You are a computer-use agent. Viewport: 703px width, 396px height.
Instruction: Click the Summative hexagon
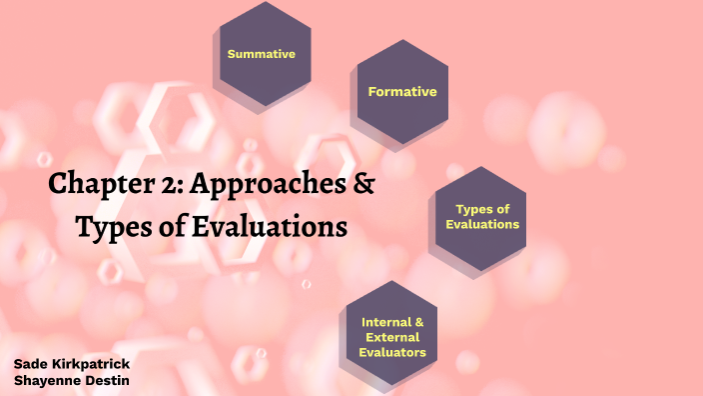click(262, 54)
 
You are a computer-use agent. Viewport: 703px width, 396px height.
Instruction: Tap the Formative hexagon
click(402, 92)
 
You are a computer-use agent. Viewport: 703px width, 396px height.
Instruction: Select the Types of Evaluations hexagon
click(482, 217)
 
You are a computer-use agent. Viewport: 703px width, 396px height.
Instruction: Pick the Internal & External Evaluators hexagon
click(393, 337)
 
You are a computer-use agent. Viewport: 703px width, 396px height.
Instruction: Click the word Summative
click(262, 54)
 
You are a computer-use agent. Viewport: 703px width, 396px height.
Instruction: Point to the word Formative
click(402, 92)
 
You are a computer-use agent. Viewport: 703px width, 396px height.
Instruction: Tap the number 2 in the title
click(169, 185)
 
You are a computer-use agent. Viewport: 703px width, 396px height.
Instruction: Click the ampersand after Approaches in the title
click(364, 185)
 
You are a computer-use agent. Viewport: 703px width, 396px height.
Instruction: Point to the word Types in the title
click(111, 227)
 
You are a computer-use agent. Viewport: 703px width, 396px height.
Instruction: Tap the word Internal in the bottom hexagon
click(384, 322)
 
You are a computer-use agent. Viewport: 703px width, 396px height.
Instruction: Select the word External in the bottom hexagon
click(393, 337)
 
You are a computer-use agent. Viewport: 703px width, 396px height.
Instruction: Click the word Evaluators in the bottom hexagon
click(393, 352)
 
